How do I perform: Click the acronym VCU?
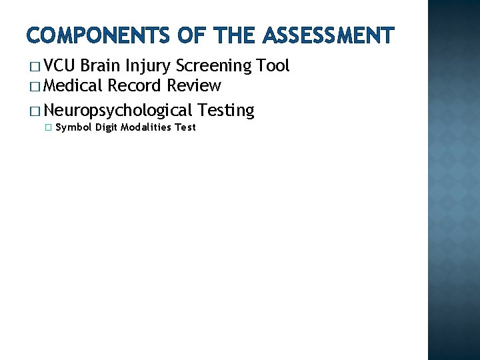pyautogui.click(x=60, y=65)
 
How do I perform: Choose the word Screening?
pyautogui.click(x=212, y=67)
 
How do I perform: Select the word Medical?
pyautogui.click(x=74, y=85)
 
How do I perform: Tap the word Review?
pyautogui.click(x=194, y=85)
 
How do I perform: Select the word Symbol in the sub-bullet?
pyautogui.click(x=73, y=127)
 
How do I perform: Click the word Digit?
pyautogui.click(x=106, y=127)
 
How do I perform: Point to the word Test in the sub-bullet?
pyautogui.click(x=185, y=127)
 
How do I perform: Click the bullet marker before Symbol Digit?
pyautogui.click(x=47, y=127)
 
